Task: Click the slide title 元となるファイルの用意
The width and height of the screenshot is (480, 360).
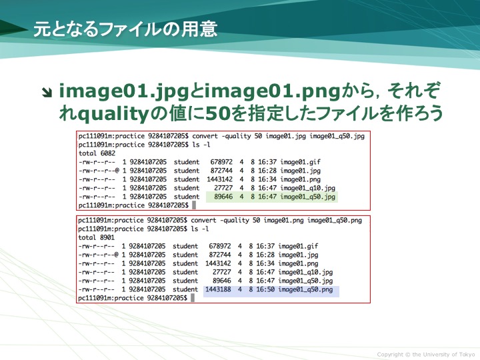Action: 125,29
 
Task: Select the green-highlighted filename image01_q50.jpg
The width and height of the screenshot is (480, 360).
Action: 307,197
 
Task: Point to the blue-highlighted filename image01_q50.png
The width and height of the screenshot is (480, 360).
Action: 305,289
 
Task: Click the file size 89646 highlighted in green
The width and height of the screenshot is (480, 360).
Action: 223,197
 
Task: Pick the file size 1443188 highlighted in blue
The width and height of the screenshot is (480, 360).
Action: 218,289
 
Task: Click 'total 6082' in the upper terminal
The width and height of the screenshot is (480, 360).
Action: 97,153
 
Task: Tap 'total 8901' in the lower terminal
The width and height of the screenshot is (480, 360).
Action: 96,237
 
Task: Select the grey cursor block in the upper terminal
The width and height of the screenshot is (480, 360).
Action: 194,205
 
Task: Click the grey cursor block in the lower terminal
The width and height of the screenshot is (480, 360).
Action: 192,298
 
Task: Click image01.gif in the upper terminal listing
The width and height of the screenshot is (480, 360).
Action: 300,162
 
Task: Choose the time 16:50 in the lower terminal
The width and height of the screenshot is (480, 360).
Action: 265,289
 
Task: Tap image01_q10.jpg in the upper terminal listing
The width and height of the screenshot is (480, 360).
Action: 307,188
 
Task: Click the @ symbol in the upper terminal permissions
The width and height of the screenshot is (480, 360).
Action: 117,171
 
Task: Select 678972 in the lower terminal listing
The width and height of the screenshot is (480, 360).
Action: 220,246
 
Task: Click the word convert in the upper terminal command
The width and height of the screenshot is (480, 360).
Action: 205,136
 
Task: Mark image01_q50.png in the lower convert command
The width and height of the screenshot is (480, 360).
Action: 335,221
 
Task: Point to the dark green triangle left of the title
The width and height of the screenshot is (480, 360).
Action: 12,29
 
